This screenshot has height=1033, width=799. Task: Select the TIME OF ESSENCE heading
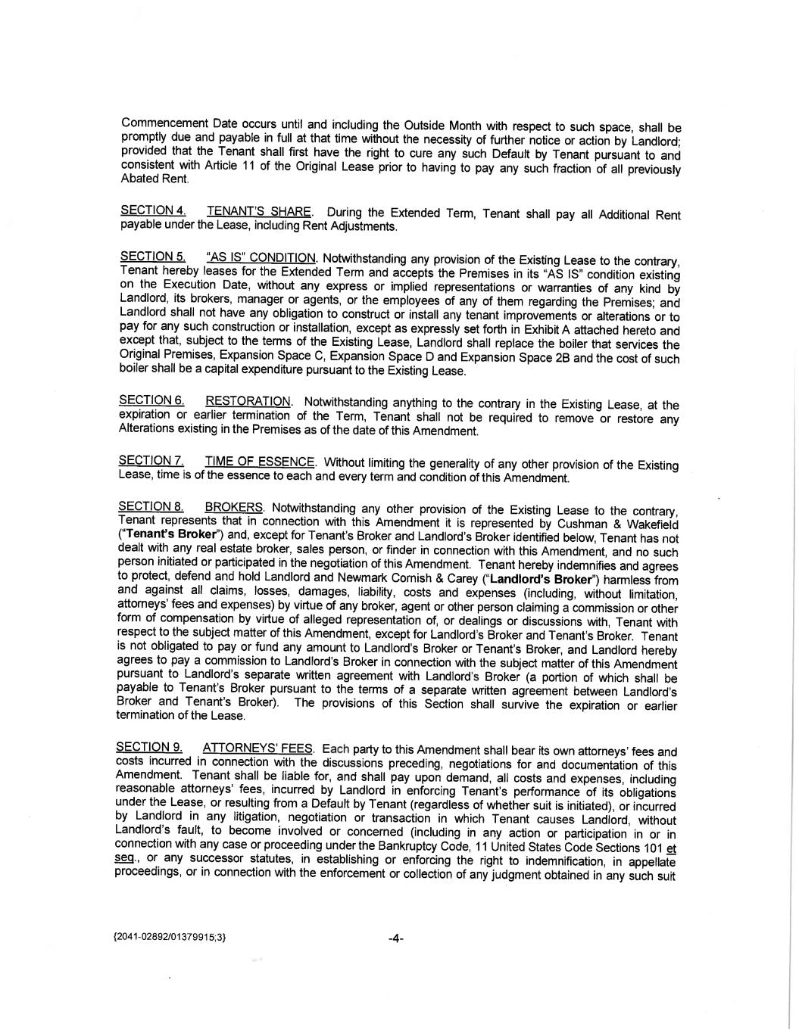click(260, 462)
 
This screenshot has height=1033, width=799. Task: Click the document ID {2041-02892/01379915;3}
click(169, 938)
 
